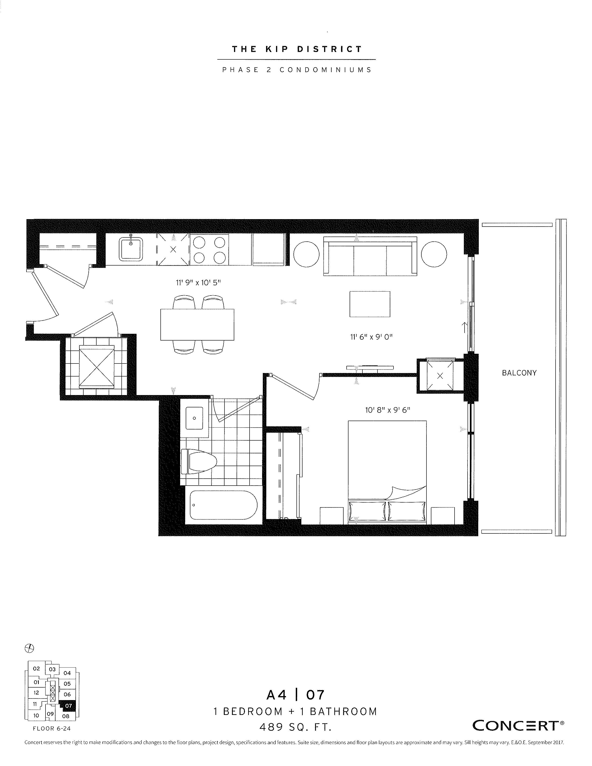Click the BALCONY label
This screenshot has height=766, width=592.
519,373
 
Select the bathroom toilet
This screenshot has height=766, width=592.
199,461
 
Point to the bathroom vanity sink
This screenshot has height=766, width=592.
194,418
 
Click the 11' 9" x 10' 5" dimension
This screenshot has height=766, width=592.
198,282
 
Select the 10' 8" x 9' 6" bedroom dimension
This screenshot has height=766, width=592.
387,410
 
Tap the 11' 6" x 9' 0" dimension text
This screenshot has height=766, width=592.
371,337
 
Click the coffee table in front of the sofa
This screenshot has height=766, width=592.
370,304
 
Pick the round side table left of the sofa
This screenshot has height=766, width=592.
306,254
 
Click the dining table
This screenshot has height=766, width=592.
197,325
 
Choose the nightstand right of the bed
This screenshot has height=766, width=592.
442,516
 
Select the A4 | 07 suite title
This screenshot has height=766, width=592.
295,695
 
